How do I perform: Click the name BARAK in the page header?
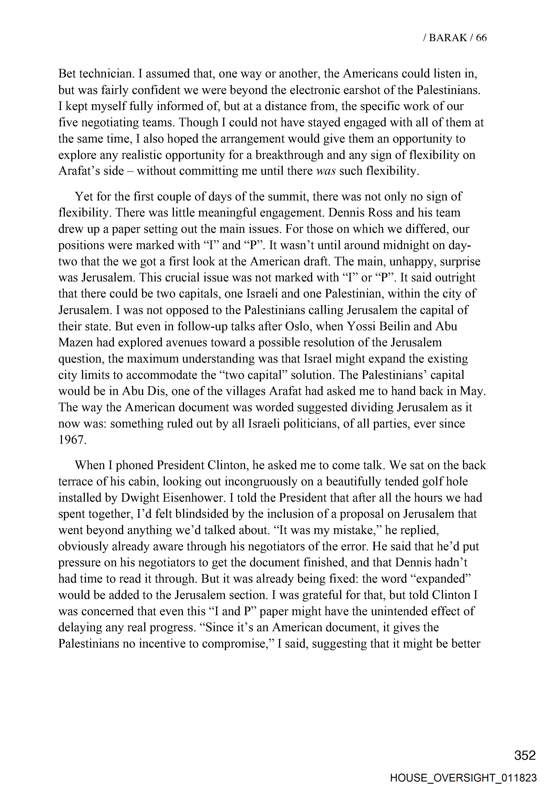click(448, 38)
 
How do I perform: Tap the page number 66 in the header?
click(481, 38)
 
